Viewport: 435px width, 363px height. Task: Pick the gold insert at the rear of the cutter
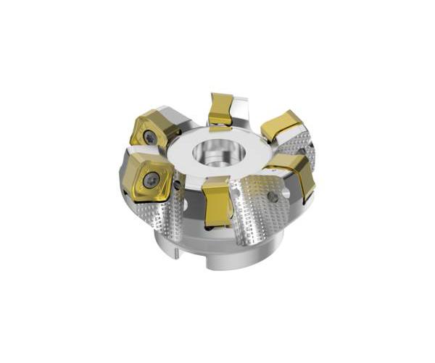(220, 109)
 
